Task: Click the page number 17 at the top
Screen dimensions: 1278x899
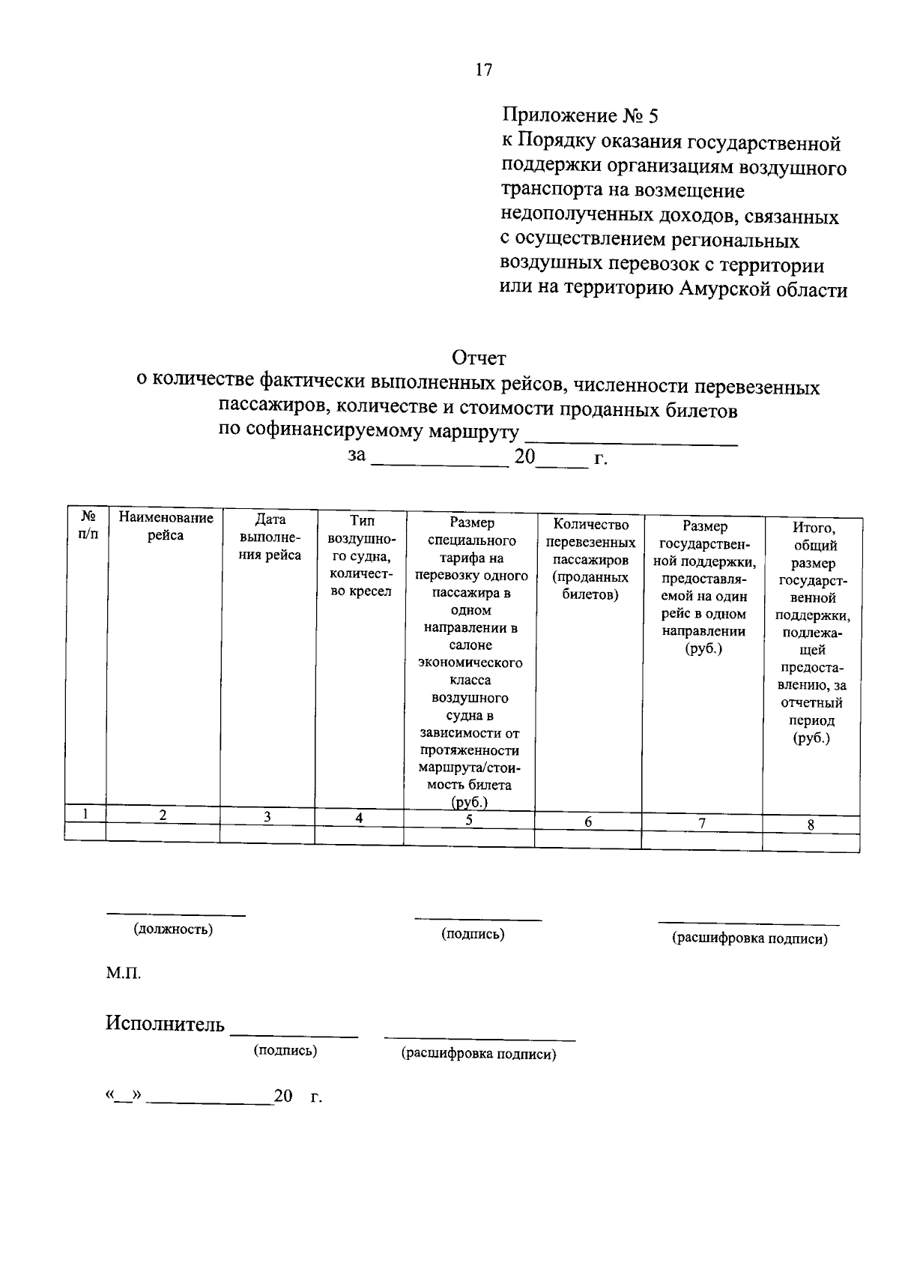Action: [484, 70]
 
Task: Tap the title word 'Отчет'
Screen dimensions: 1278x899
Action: [479, 358]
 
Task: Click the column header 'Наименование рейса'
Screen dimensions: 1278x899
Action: [166, 527]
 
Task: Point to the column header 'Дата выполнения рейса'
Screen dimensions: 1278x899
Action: [270, 537]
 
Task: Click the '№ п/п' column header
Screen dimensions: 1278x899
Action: [88, 525]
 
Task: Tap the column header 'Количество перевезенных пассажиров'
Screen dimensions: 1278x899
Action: [590, 559]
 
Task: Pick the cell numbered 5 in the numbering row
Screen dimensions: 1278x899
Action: [469, 820]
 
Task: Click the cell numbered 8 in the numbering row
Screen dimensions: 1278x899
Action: [811, 825]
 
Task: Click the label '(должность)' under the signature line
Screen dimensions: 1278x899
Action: [173, 929]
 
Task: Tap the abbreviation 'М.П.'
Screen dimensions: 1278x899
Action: [123, 974]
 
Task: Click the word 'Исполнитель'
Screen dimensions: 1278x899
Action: [165, 1024]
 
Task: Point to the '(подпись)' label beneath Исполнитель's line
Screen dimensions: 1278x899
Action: [285, 1051]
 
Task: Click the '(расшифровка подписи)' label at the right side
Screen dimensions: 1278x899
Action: [749, 938]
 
